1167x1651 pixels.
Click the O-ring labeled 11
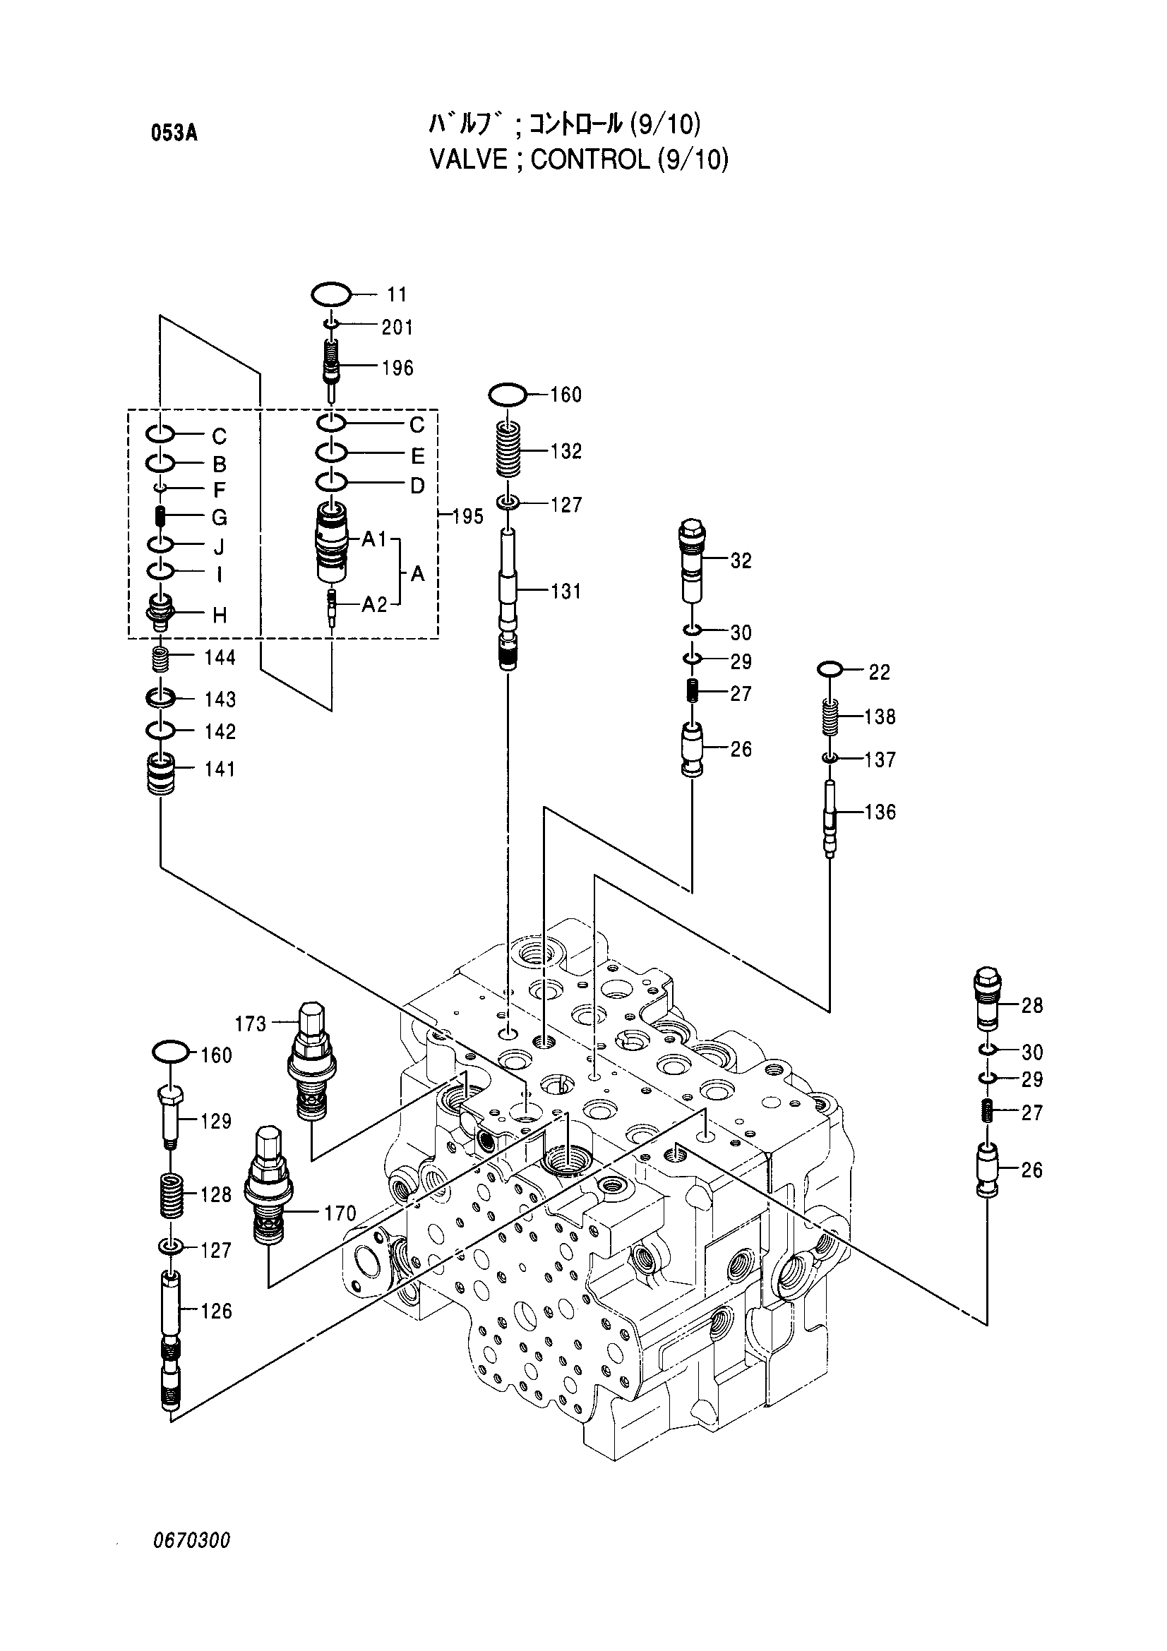(x=332, y=284)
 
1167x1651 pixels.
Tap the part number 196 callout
(x=397, y=368)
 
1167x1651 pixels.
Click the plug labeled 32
(x=692, y=561)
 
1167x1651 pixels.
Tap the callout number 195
(x=468, y=516)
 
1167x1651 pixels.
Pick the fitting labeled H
(x=160, y=612)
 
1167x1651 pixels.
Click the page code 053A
(x=174, y=133)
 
